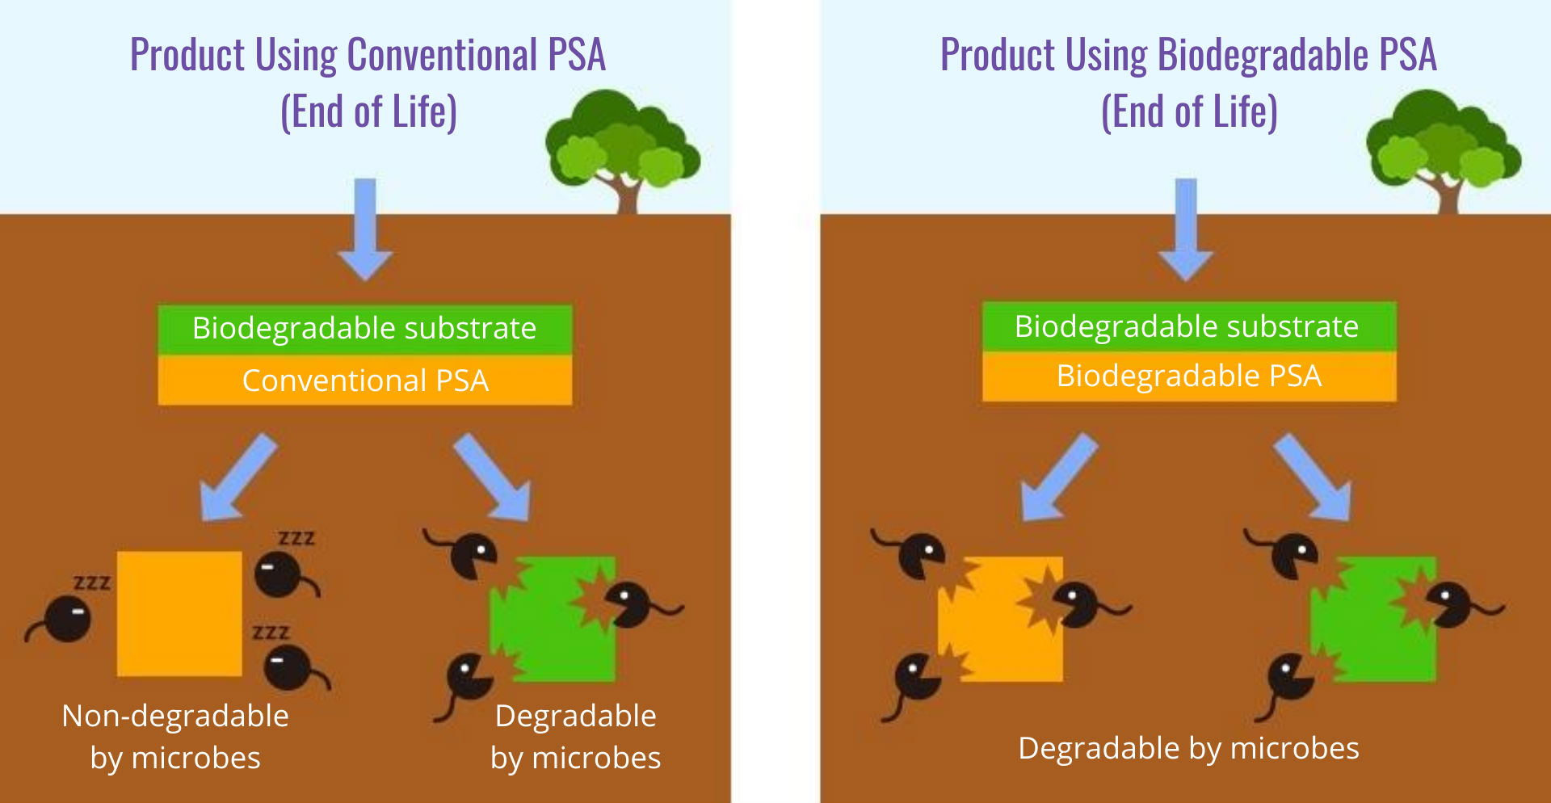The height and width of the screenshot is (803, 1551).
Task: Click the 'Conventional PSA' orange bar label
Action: (x=365, y=380)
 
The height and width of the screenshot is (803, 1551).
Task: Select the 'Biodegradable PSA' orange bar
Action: (x=1189, y=376)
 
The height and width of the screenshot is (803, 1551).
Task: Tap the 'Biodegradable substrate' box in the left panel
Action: (x=364, y=329)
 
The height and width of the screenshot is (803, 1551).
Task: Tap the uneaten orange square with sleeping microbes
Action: (x=179, y=614)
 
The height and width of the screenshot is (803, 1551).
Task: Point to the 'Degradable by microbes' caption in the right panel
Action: (x=1188, y=748)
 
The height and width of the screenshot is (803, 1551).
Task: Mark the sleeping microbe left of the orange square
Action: (x=66, y=620)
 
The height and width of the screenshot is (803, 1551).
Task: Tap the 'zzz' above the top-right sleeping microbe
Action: (x=296, y=539)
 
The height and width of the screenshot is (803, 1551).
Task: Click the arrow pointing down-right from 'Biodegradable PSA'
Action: (x=1313, y=477)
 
